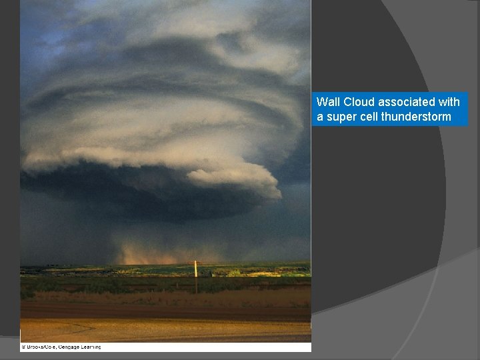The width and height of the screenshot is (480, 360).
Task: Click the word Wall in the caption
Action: [327, 102]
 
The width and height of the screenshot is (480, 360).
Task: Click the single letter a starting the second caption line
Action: [319, 117]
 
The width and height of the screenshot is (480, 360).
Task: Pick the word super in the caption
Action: [340, 117]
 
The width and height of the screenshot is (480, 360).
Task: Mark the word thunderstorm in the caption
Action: [416, 117]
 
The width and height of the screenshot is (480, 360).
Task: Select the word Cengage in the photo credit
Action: [69, 347]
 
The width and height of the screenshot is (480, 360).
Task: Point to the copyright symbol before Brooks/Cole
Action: [22, 347]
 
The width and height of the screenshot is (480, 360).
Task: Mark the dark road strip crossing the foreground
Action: [167, 311]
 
